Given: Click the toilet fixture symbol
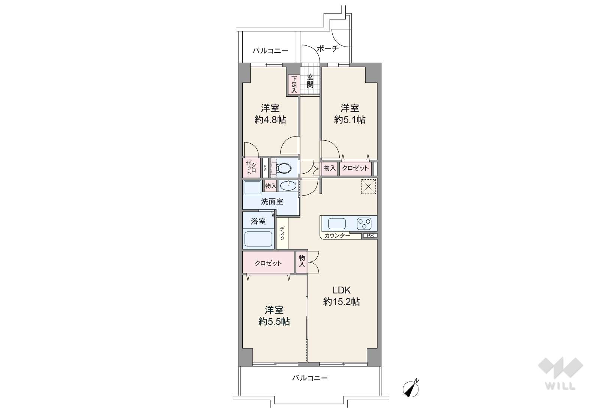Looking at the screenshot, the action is point(281,168).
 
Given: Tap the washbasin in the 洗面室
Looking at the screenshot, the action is point(288,186).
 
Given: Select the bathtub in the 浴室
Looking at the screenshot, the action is point(258,239).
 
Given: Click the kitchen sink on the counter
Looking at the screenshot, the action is point(337,224).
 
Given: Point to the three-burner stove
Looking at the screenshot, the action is point(364,224).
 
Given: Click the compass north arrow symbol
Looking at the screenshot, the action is point(411,388).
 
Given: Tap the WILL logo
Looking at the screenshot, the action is point(560,373).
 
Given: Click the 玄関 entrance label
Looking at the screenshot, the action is point(310,81).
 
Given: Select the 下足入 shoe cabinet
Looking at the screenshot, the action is point(294,84).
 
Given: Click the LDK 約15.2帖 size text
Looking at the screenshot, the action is point(342,296).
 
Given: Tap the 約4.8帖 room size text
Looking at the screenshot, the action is point(270,120).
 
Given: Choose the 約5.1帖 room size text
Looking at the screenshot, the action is point(350,120).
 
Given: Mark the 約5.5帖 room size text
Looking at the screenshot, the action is point(274,321).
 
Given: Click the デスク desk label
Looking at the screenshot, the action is point(282,233).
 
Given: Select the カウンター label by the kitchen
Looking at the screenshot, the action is point(338,236).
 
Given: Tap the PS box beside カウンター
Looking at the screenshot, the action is point(370,236).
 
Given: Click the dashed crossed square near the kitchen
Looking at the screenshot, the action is point(368,186).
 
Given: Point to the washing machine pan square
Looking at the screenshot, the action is point(252,188).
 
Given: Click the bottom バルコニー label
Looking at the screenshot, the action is point(310,378).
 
